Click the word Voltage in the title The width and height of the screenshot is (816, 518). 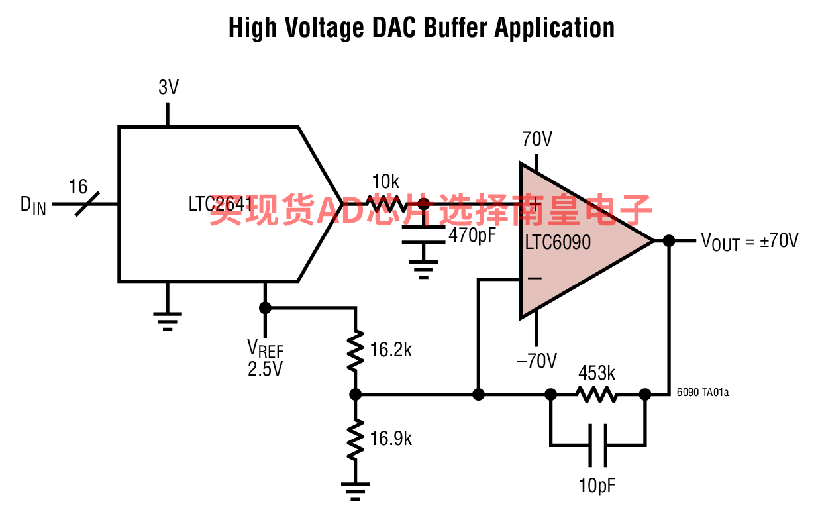325,28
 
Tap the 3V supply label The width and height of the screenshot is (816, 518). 169,87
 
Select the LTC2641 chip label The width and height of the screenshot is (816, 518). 221,204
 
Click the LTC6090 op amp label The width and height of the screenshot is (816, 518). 558,242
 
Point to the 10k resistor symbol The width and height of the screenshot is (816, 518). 387,204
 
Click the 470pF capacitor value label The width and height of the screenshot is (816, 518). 472,235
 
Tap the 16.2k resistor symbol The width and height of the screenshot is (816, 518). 356,350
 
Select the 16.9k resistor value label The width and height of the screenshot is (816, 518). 391,439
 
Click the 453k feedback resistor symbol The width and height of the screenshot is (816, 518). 597,395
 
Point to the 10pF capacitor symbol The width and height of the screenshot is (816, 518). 598,445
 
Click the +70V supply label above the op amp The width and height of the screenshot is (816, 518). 537,139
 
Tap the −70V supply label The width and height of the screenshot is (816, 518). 536,360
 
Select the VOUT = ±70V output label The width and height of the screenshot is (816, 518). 750,242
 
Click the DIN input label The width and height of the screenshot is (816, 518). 33,205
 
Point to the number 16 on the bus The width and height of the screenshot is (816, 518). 78,187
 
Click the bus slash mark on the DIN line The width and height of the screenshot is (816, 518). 87,204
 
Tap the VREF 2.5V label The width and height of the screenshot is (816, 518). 265,358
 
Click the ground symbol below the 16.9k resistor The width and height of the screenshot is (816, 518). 355,492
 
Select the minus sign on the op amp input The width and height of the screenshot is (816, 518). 535,278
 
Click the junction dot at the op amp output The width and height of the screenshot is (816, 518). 669,241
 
